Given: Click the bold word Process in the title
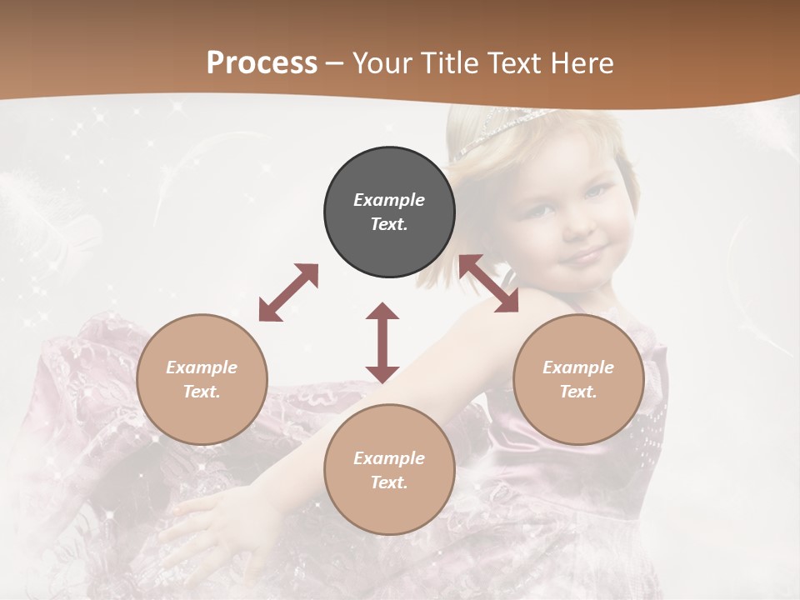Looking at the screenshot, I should [262, 63].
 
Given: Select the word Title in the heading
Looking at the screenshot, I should [450, 63].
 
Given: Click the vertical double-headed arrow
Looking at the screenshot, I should [382, 342].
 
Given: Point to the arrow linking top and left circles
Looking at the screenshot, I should [288, 292].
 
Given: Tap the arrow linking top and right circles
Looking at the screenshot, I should [488, 283].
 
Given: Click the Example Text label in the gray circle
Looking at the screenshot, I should [389, 212].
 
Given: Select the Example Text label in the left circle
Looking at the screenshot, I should [202, 379].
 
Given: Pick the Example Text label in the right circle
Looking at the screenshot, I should [578, 379].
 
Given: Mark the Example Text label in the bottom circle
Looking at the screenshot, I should [389, 470].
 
